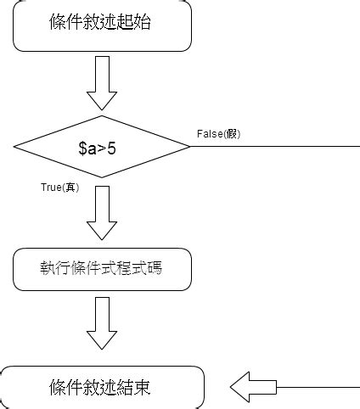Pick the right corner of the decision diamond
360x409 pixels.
[x=188, y=147]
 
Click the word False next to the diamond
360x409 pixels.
[x=210, y=134]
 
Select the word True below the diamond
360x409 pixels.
[x=53, y=187]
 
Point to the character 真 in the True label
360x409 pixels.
[x=72, y=187]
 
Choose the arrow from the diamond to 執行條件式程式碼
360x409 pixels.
[x=102, y=212]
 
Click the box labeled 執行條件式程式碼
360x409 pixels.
[x=102, y=270]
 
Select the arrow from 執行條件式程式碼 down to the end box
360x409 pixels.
[x=102, y=322]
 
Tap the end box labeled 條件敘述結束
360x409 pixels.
[x=102, y=388]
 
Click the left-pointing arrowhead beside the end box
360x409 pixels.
[x=242, y=388]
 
